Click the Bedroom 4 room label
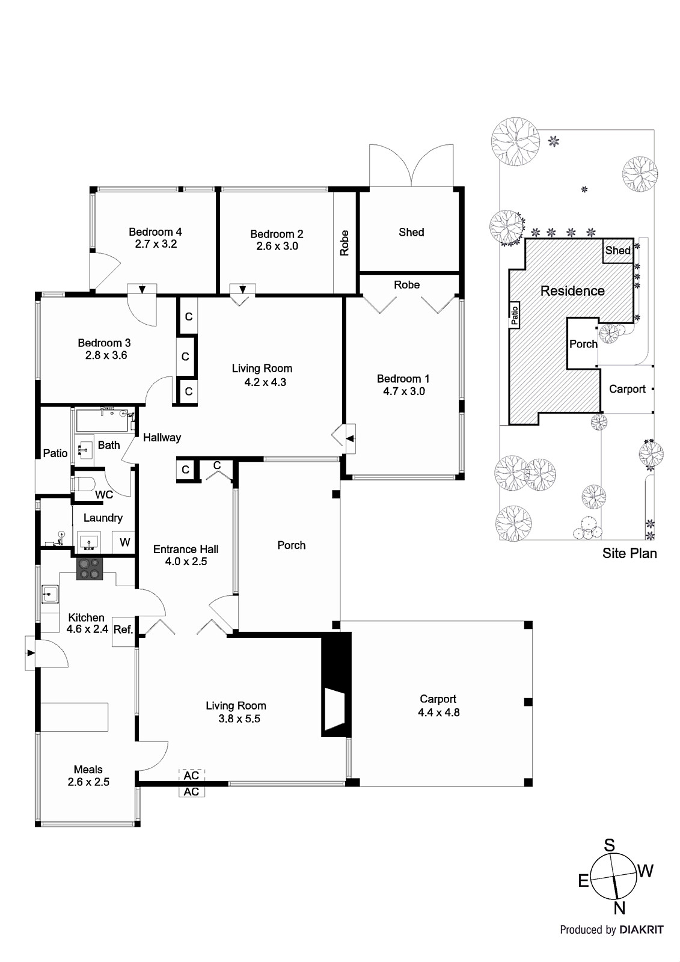click(155, 231)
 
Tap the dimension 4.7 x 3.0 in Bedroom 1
click(403, 391)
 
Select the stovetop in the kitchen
click(90, 568)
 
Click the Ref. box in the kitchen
click(123, 630)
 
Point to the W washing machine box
click(124, 542)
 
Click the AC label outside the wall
click(191, 792)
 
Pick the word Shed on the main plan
click(411, 232)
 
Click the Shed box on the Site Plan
click(617, 251)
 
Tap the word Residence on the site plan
click(572, 291)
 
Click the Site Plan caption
click(629, 553)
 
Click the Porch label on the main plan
click(291, 545)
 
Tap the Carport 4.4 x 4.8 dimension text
click(438, 712)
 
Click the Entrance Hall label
click(185, 549)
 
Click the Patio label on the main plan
click(55, 453)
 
